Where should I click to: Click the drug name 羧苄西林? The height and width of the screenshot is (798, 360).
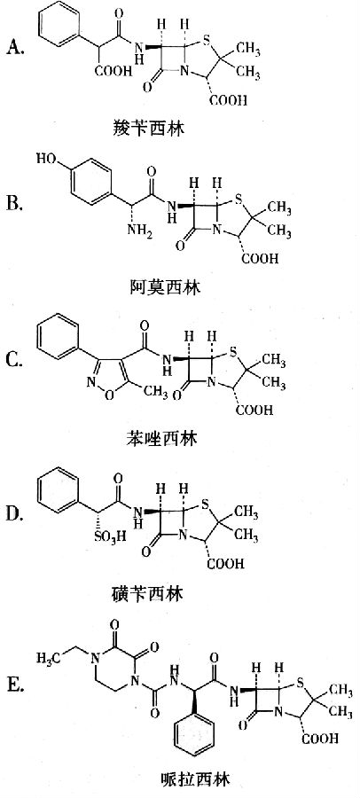point(148,127)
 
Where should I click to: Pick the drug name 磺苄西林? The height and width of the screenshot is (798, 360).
point(146,593)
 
